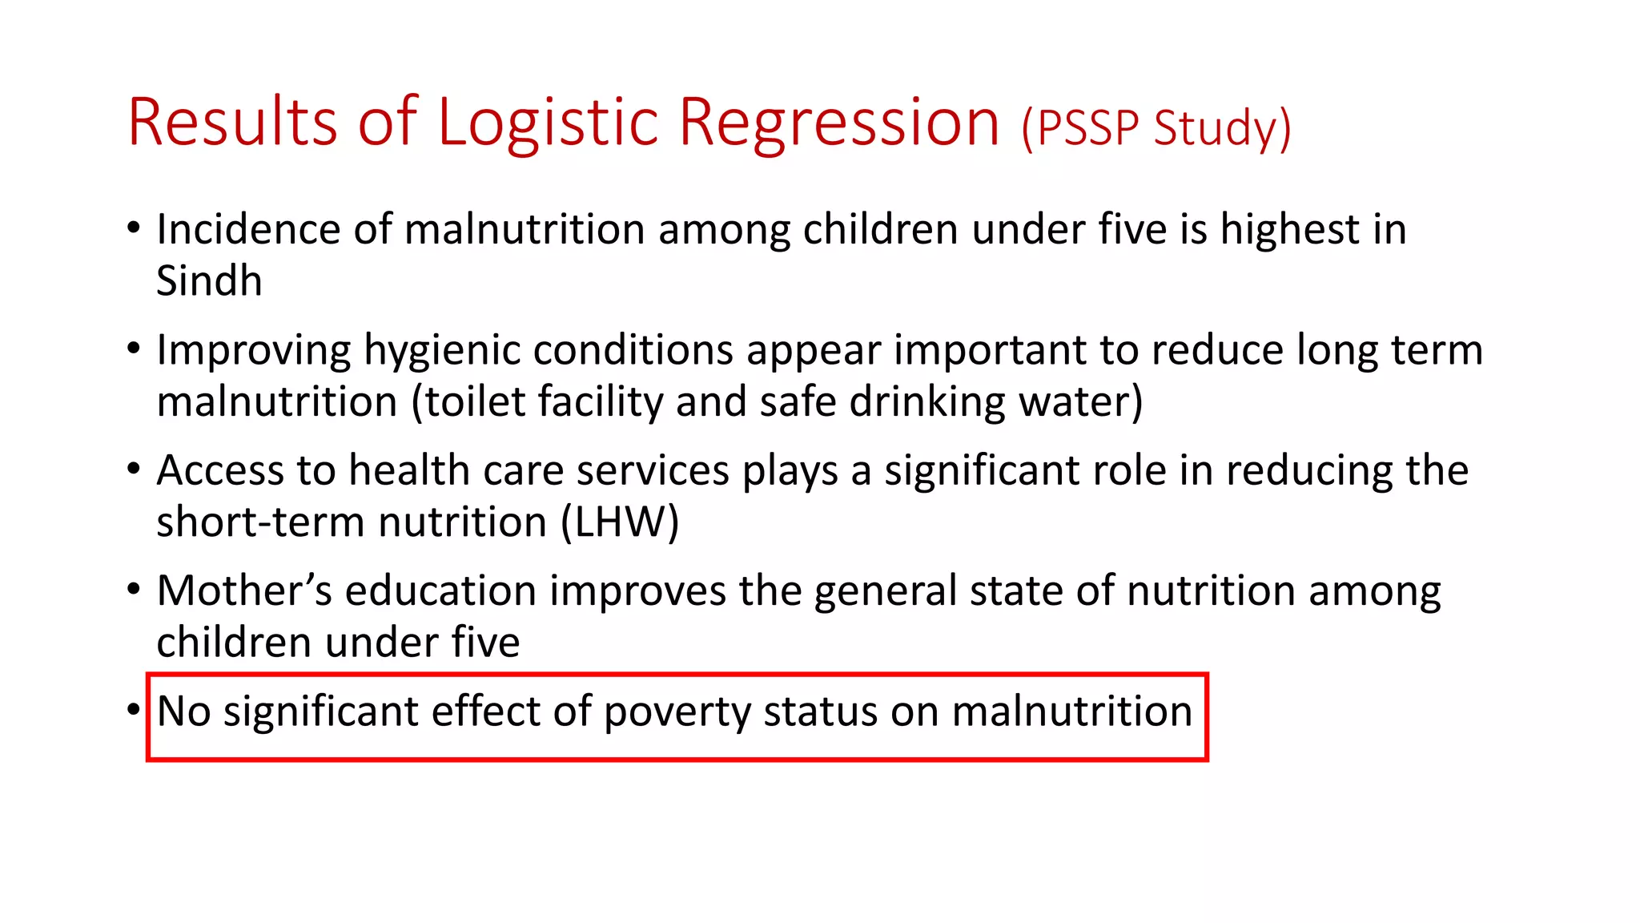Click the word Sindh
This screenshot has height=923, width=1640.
click(209, 281)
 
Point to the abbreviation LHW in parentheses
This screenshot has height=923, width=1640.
click(619, 522)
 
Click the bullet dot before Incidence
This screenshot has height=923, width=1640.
click(134, 228)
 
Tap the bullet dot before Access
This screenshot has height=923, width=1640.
click(134, 469)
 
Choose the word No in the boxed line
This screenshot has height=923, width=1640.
click(183, 711)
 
